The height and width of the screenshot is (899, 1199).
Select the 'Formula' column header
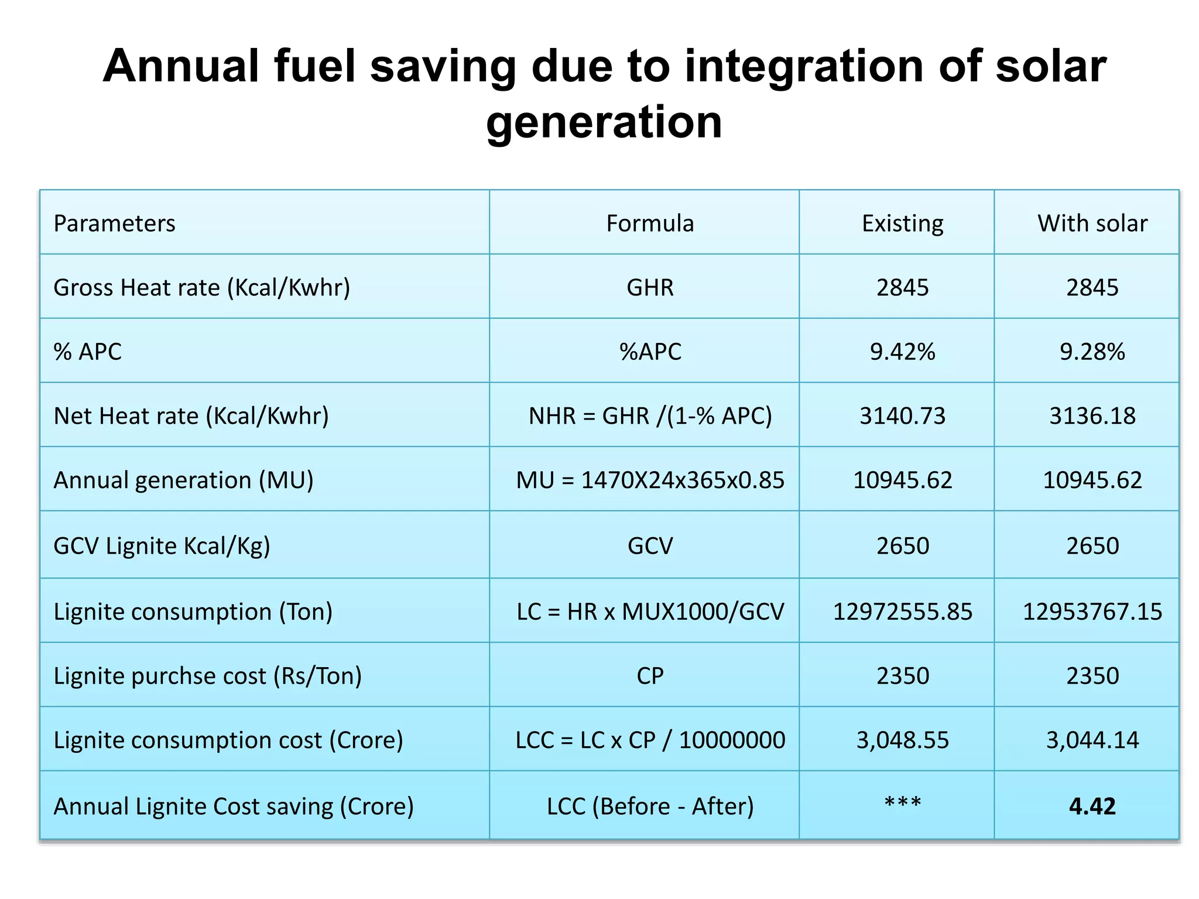pyautogui.click(x=649, y=224)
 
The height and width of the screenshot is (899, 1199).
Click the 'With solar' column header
pyautogui.click(x=1092, y=224)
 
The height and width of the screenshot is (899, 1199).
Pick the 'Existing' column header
pyautogui.click(x=902, y=224)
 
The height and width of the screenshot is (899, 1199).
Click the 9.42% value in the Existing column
pyautogui.click(x=902, y=352)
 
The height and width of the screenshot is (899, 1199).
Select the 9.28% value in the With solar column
pyautogui.click(x=1092, y=352)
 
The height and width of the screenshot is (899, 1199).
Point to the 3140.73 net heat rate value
pyautogui.click(x=902, y=416)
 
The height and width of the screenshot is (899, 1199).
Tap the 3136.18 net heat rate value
pyautogui.click(x=1092, y=416)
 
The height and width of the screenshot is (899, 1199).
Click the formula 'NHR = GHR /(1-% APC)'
pyautogui.click(x=650, y=416)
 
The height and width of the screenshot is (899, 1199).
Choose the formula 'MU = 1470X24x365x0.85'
pyautogui.click(x=650, y=481)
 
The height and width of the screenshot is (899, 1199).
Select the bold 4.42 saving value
pyautogui.click(x=1092, y=807)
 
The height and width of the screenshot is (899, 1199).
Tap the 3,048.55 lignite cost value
pyautogui.click(x=902, y=740)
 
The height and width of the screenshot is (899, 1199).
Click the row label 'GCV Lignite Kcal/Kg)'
pyautogui.click(x=162, y=546)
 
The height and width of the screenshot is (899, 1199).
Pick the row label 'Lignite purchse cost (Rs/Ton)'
pyautogui.click(x=207, y=676)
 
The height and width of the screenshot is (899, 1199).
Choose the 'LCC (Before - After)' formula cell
pyautogui.click(x=650, y=807)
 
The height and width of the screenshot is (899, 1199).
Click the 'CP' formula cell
pyautogui.click(x=650, y=676)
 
